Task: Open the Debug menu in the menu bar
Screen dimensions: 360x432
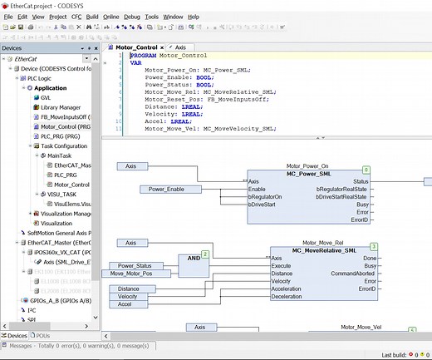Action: (132, 16)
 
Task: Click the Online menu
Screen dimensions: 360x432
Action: (111, 16)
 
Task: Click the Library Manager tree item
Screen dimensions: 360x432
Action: (60, 107)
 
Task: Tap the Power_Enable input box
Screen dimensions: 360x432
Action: (169, 189)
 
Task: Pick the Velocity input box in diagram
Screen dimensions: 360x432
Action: (128, 296)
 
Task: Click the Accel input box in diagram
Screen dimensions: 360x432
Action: (127, 305)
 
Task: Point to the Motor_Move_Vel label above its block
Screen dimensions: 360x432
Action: (361, 328)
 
